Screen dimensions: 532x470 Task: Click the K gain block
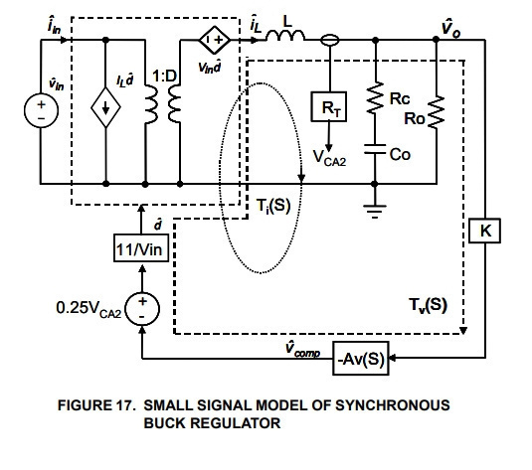484,231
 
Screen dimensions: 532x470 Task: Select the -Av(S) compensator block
361,359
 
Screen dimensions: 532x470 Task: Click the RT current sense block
329,106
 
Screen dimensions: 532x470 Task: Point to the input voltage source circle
41,110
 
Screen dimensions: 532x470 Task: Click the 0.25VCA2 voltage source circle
142,309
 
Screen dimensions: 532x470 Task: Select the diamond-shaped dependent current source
105,107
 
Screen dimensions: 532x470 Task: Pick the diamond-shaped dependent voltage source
214,40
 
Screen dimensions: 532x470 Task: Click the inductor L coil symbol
285,36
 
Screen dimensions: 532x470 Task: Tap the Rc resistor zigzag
375,97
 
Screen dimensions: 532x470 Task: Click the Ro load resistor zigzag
437,112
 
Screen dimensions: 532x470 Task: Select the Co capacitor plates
375,149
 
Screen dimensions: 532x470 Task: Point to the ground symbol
375,212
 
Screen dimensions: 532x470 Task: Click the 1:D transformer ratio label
164,76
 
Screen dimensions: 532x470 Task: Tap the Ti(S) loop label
273,206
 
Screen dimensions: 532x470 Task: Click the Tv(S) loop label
428,305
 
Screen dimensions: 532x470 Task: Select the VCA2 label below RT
329,158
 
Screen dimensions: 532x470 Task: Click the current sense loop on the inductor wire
329,41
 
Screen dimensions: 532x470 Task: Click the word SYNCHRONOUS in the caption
393,405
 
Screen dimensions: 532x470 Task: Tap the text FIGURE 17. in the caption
96,405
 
